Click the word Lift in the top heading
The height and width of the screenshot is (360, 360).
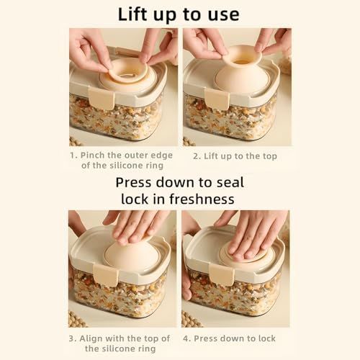[x=132, y=14]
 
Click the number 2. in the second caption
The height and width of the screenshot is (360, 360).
[x=197, y=156]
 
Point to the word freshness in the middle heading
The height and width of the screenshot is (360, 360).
[x=202, y=199]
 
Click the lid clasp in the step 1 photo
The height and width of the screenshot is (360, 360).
[x=102, y=98]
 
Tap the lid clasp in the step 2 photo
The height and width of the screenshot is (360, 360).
[x=217, y=99]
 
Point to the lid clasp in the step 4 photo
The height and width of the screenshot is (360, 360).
[x=221, y=275]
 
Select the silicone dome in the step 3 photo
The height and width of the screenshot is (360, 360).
[x=132, y=254]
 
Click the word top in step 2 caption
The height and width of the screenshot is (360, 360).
[x=270, y=157]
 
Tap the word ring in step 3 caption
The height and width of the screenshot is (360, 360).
[x=146, y=349]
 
